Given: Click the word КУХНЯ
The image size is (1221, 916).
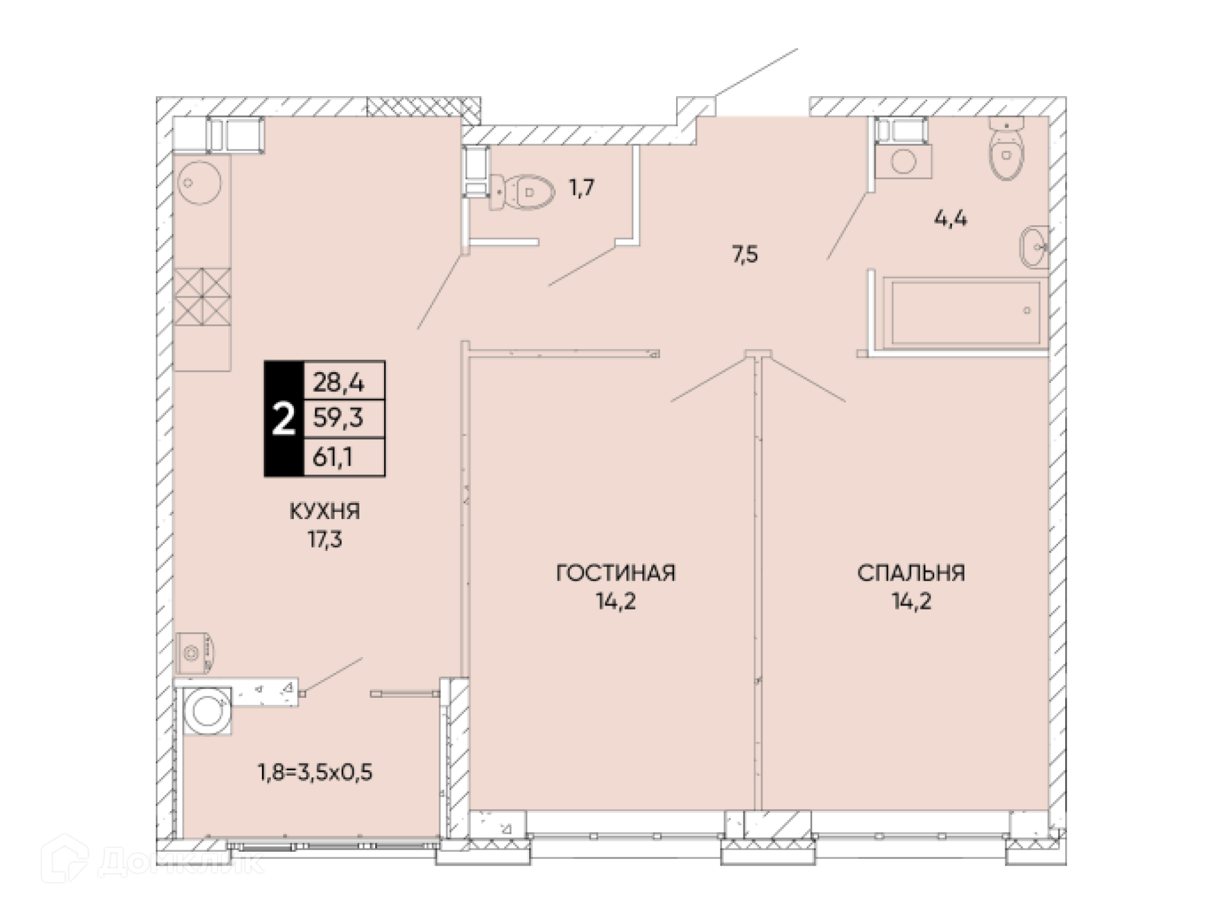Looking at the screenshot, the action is [324, 511].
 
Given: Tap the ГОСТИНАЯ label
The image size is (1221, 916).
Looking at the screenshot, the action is [616, 573].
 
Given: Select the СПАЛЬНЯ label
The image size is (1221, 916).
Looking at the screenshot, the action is [911, 573].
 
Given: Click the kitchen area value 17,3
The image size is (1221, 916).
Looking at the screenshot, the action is [324, 539].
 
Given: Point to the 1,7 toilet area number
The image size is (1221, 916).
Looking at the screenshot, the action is [581, 188].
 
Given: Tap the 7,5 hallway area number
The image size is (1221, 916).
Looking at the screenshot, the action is [745, 254].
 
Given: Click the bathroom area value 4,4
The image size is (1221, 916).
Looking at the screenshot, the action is [950, 219].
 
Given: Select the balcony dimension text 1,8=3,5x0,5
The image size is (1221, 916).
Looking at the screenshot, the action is [315, 772].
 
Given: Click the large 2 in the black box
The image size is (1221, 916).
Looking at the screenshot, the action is [283, 419].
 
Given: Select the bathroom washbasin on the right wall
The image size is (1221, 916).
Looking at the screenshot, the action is [1034, 247].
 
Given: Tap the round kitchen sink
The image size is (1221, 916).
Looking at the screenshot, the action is [200, 182].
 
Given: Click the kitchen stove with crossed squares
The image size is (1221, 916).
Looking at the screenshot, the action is [202, 296].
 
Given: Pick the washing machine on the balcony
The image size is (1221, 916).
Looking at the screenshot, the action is [207, 711].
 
